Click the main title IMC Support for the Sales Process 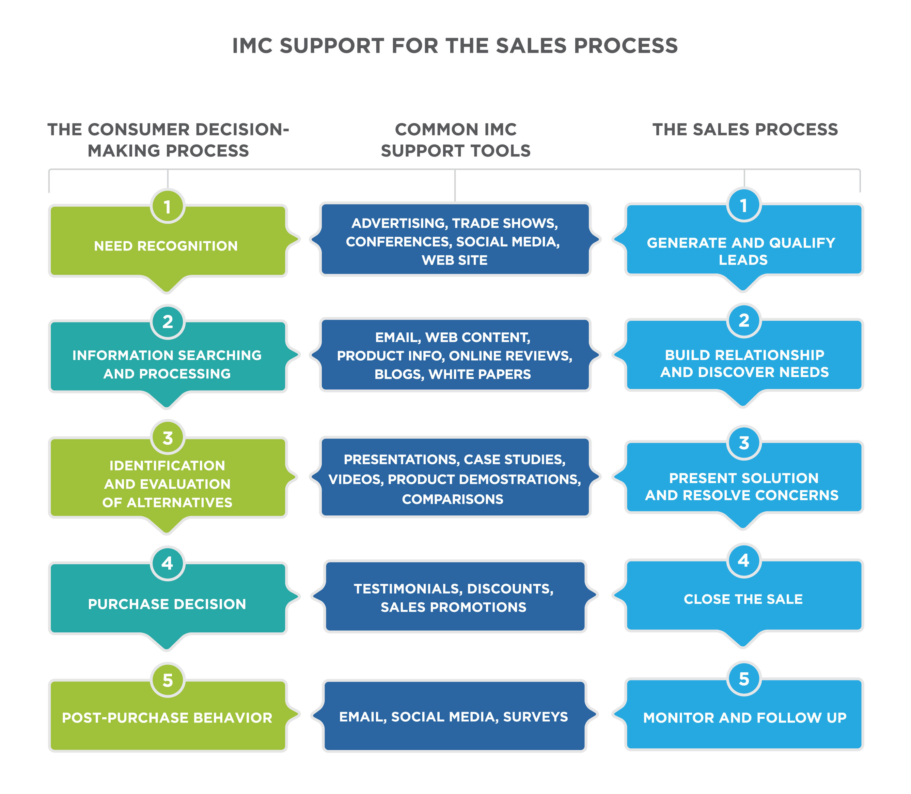tap(455, 46)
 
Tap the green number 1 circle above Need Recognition tap(167, 207)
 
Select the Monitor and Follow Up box tap(744, 717)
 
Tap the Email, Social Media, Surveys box tap(453, 717)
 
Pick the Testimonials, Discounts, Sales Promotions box tap(453, 597)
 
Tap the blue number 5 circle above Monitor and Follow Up tap(744, 679)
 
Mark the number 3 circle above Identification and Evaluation tap(167, 438)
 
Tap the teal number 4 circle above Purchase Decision tap(167, 563)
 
